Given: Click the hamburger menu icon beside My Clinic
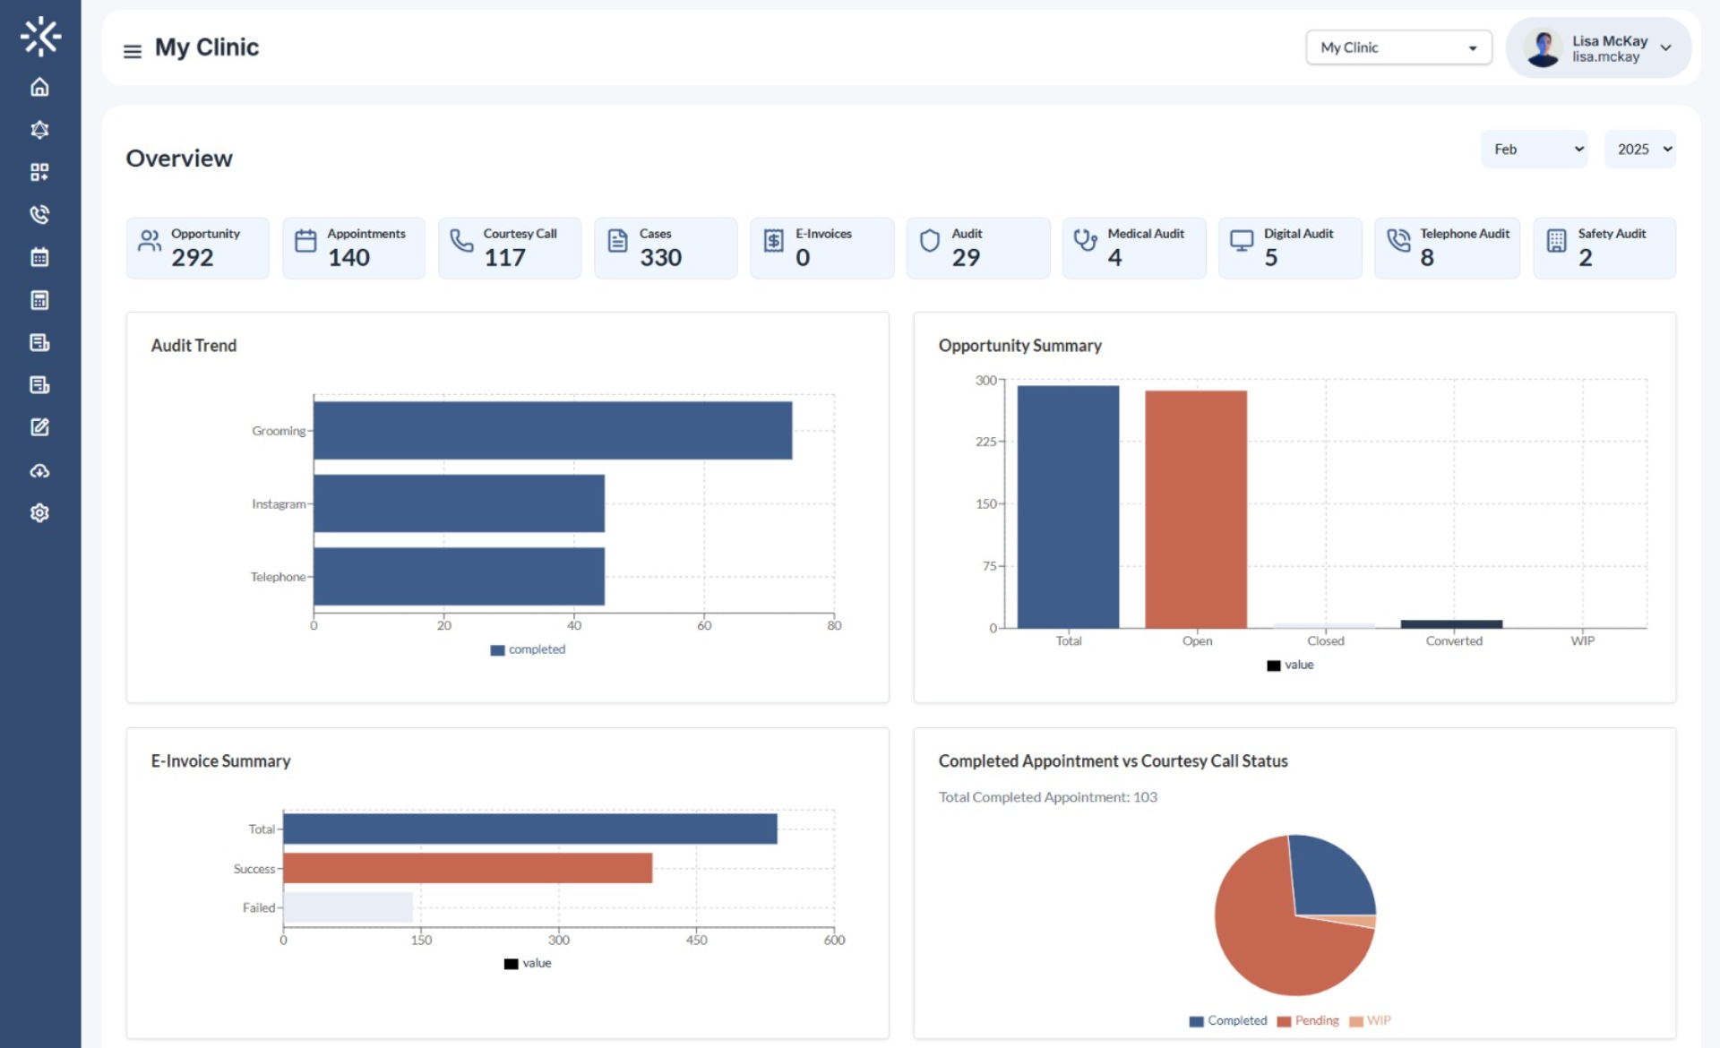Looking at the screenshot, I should click(132, 51).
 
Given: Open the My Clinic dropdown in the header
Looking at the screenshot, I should click(1397, 47).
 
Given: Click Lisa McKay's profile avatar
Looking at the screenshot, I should click(1543, 48).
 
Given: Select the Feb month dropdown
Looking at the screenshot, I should click(1534, 150).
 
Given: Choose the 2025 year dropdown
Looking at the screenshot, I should click(1640, 150).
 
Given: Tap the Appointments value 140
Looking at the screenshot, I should click(348, 258).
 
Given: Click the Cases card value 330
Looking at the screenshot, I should click(660, 258).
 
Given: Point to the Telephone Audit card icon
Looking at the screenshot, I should click(1398, 240).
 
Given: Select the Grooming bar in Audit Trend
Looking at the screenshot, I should click(552, 431).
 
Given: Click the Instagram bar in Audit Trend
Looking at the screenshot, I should click(459, 504).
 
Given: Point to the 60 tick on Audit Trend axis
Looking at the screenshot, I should click(704, 625).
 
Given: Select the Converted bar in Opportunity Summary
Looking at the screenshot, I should click(1451, 623).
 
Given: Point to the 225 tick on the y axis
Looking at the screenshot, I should click(985, 442).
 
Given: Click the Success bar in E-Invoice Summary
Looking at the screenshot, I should click(467, 868).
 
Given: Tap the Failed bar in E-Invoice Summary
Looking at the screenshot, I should click(348, 907).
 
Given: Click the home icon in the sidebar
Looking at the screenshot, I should click(39, 87).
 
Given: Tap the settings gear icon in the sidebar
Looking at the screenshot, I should click(39, 513).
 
